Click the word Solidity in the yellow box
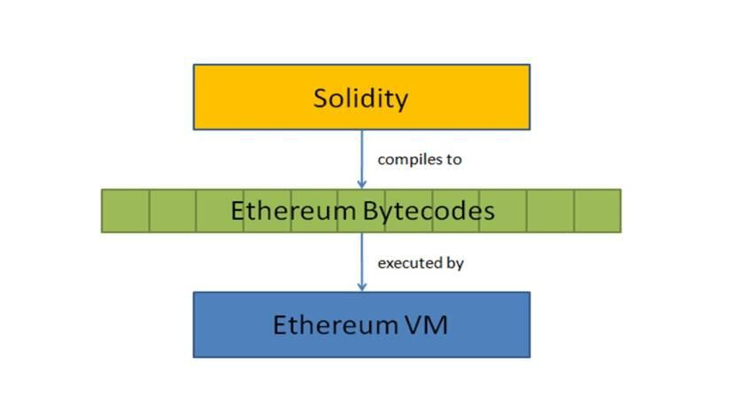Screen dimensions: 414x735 pos(360,98)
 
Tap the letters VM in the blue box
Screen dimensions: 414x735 pos(425,324)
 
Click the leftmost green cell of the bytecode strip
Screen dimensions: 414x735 pos(125,211)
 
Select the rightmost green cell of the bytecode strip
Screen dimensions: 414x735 pos(597,211)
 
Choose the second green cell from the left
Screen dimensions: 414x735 pos(173,211)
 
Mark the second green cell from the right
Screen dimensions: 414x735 pos(550,211)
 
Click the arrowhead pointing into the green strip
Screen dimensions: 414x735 pos(361,184)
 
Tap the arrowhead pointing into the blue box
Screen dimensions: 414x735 pos(361,286)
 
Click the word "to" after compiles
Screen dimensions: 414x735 pos(455,160)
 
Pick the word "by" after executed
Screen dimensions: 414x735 pos(456,263)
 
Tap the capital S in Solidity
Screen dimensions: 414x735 pos(321,98)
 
